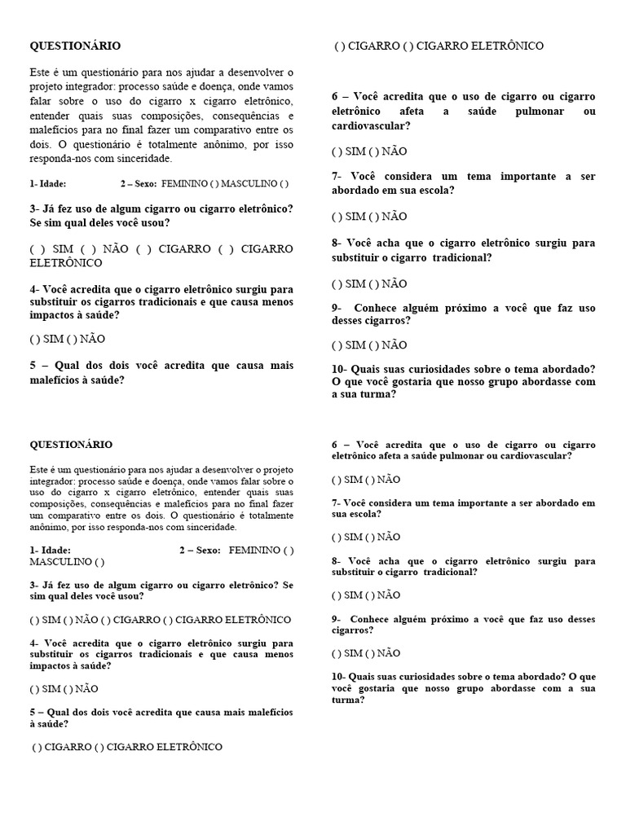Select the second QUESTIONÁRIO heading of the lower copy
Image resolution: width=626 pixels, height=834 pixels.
click(71, 445)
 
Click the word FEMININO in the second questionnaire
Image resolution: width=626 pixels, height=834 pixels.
click(254, 551)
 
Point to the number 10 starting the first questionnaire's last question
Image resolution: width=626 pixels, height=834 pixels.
click(337, 368)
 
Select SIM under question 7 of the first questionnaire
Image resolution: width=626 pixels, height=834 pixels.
click(355, 217)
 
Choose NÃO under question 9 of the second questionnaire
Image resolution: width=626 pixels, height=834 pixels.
click(389, 653)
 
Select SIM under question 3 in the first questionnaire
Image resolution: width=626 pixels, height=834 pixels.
click(62, 249)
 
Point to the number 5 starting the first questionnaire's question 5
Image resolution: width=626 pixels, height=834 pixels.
click(33, 367)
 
